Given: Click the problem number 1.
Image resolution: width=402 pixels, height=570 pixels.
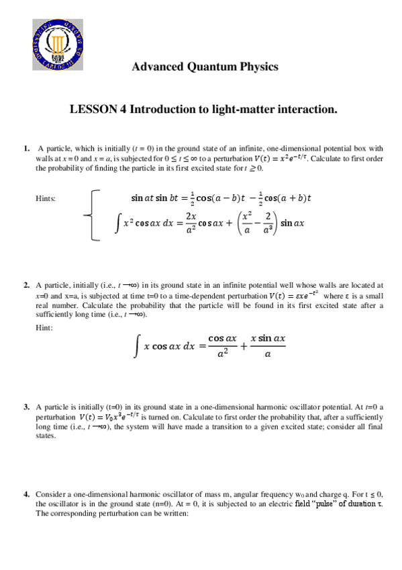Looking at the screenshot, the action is [x=26, y=148].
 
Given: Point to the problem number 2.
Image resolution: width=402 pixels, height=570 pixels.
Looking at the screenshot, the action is [x=26, y=285].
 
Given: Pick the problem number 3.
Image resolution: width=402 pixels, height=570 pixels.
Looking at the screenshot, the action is [x=26, y=407].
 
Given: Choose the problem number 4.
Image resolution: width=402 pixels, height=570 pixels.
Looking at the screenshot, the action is [x=26, y=493].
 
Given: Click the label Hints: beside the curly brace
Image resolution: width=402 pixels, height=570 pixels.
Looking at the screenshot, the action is [x=45, y=198].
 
